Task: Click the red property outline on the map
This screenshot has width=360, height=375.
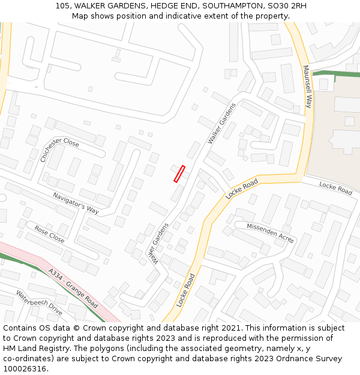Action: (179, 174)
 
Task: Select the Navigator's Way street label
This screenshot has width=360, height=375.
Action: (76, 203)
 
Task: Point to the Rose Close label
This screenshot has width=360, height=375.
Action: (49, 234)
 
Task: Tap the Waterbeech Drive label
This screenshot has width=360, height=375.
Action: (39, 303)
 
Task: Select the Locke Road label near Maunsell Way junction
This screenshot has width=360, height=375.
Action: (242, 189)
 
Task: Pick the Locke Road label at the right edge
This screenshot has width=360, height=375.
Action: (335, 188)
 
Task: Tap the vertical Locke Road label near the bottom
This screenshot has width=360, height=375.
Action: (187, 290)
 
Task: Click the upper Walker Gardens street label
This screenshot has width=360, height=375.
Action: (221, 123)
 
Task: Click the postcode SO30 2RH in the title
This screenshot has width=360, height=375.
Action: (284, 5)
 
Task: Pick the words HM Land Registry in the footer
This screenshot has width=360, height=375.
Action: (32, 349)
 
